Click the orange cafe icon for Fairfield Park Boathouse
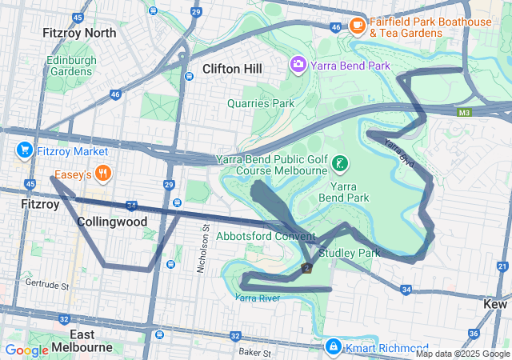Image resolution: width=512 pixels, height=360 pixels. [357, 26]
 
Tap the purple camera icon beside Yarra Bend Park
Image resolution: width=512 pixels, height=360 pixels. [298, 62]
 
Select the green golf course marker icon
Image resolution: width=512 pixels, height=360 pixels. [340, 163]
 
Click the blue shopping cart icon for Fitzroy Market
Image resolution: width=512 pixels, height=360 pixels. [24, 150]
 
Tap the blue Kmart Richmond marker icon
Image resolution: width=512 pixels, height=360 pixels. [333, 347]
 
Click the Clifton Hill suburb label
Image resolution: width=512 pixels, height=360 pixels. [232, 70]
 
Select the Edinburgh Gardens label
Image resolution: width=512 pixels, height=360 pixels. [71, 66]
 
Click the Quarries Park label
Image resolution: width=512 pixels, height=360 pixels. [261, 103]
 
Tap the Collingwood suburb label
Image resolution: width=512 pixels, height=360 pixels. [112, 222]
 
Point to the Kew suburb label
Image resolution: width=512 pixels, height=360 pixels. [496, 304]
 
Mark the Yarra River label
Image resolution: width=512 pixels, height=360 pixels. [258, 298]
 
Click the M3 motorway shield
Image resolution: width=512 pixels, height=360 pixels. [464, 112]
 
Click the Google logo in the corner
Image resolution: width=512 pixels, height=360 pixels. [26, 350]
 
